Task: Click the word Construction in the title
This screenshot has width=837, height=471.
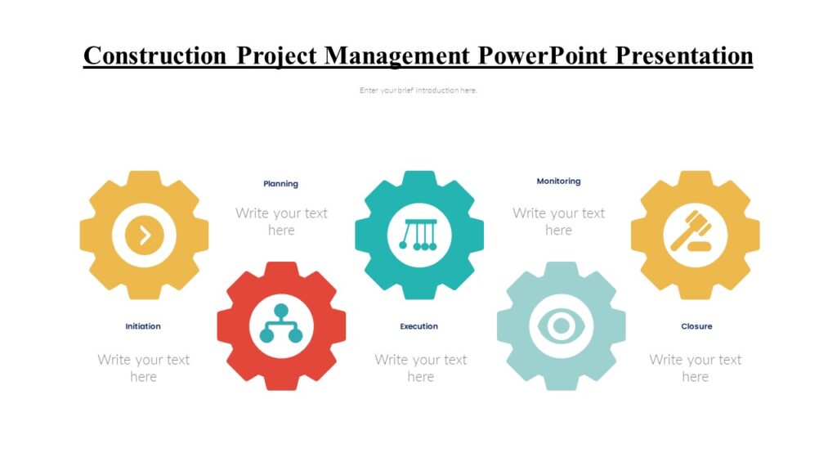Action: coord(156,56)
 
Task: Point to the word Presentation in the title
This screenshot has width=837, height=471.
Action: coord(684,56)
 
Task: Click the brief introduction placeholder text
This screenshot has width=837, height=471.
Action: coord(418,91)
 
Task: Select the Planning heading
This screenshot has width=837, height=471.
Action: coord(280,184)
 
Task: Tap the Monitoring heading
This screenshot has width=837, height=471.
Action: coord(558,182)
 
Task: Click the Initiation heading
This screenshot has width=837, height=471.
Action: coord(143,326)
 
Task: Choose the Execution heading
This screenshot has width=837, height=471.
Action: coord(418,326)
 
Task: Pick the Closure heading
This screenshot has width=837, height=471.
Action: coord(696,326)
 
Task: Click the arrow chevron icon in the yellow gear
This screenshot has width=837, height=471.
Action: coord(145,235)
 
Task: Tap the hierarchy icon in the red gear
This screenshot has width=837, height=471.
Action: coord(281,325)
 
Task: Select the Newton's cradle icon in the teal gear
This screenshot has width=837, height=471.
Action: coord(418,235)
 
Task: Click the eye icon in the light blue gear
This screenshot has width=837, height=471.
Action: coord(561,326)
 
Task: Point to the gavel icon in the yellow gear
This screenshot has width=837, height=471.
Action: coord(694,234)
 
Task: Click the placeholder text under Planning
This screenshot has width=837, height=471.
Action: coord(281,222)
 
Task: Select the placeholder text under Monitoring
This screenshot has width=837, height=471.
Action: coord(558,222)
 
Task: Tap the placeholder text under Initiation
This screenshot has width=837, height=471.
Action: coord(143,368)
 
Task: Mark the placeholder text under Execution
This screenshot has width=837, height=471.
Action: coord(420,368)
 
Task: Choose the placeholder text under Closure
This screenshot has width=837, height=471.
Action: coord(695,368)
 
